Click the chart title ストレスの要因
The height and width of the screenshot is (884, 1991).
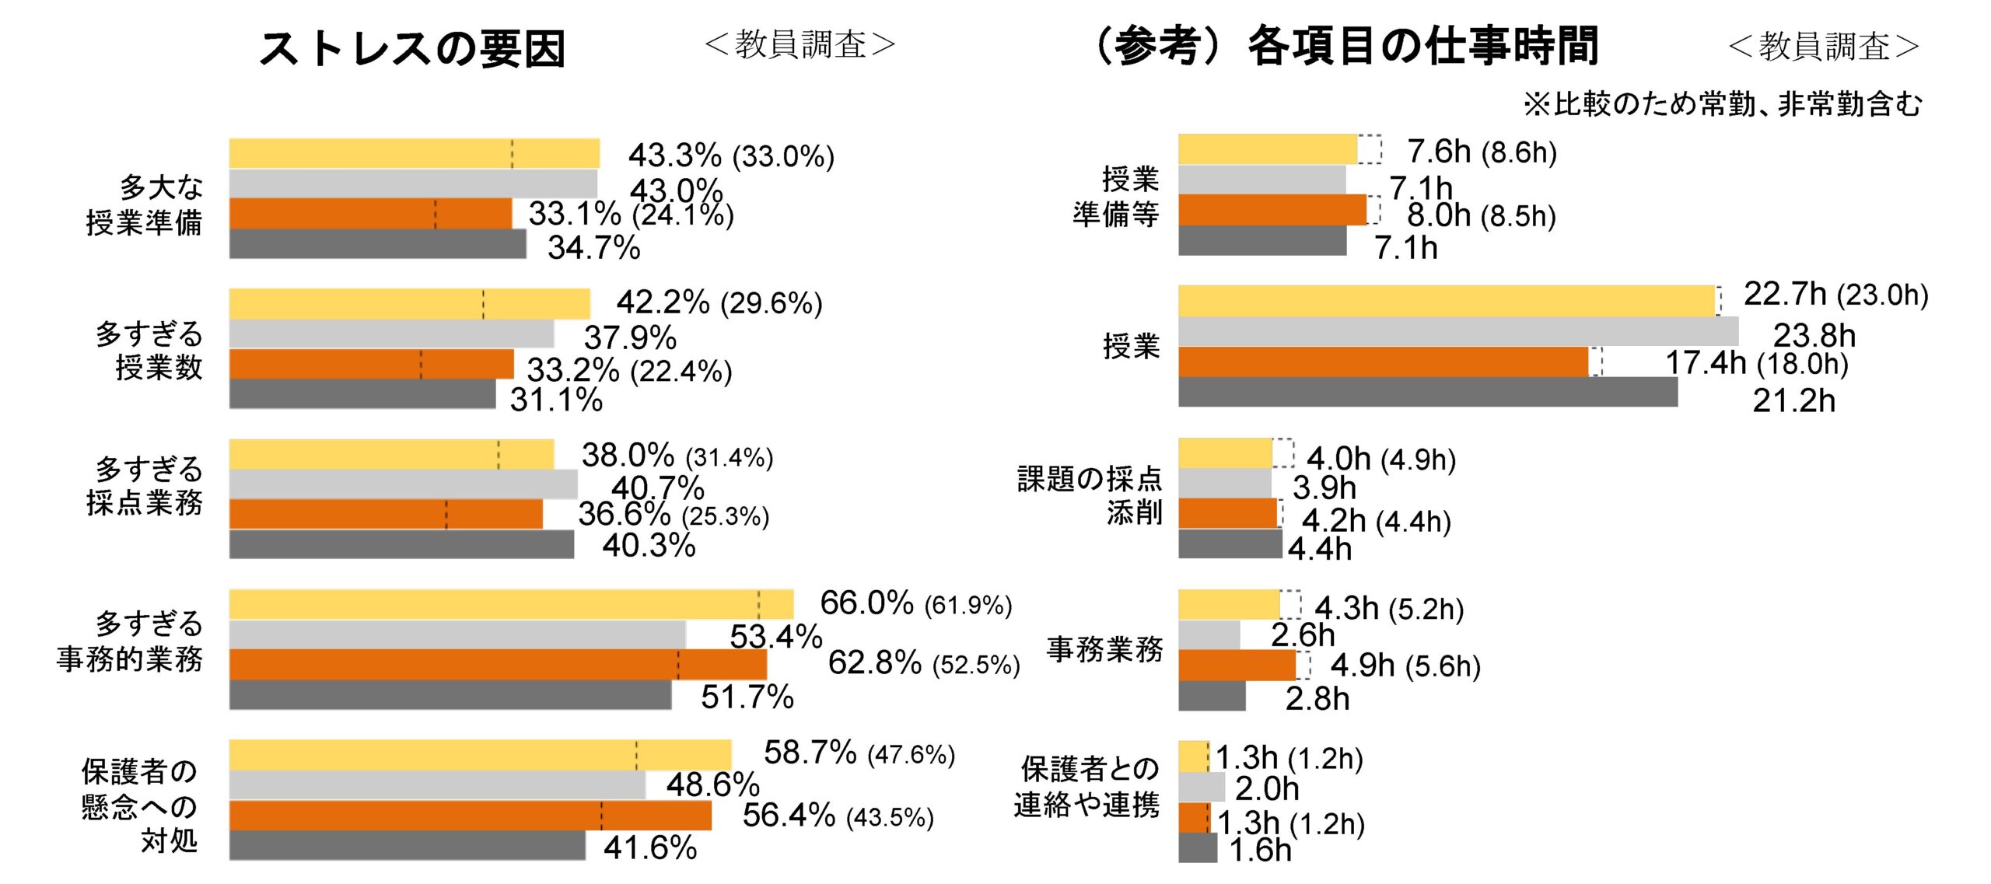coord(412,48)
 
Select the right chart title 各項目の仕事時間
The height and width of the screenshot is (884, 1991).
coord(1423,47)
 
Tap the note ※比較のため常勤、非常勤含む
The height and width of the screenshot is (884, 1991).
coord(1722,104)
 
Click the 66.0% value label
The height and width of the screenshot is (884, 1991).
coord(866,603)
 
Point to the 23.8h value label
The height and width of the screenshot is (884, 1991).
coord(1814,336)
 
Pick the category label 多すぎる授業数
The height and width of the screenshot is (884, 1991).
coord(149,350)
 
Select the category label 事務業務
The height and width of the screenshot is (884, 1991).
coord(1104,649)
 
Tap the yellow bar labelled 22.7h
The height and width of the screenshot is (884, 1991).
coord(1447,301)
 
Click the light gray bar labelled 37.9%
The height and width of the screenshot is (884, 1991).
coord(391,334)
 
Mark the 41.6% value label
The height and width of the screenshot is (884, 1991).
coord(650,847)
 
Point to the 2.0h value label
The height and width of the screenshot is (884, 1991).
coord(1267,789)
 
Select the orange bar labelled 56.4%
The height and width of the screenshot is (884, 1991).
coord(470,816)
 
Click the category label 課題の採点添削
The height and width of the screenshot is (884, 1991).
coord(1090,495)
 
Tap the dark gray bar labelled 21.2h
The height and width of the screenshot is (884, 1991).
coord(1427,393)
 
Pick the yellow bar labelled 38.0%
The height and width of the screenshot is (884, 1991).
coord(391,454)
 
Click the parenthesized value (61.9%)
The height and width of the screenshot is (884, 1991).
coord(968,605)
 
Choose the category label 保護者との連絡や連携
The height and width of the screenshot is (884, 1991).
coord(1087,787)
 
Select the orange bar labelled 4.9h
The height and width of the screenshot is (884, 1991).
coord(1237,666)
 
